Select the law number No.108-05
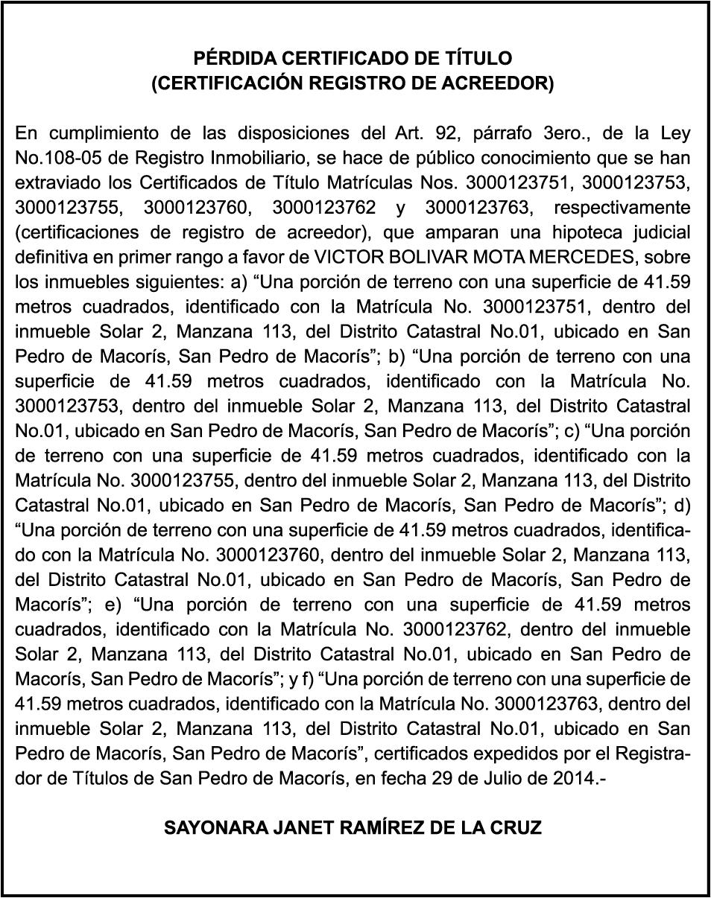tap(52, 158)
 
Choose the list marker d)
tap(682, 505)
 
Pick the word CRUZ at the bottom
tap(517, 828)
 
